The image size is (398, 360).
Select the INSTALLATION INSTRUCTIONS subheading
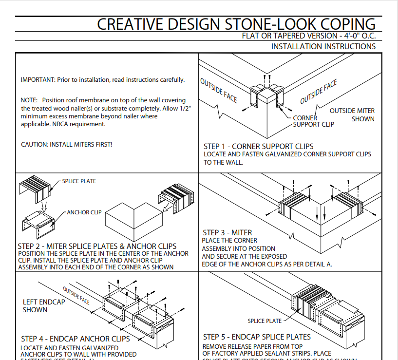click(x=323, y=47)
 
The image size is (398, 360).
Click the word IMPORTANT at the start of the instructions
click(x=37, y=80)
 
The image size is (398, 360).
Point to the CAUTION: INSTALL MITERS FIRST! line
click(x=67, y=145)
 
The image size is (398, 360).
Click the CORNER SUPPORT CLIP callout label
click(x=314, y=121)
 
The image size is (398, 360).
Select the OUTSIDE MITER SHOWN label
click(x=352, y=115)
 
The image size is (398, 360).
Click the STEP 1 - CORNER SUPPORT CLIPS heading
click(x=258, y=146)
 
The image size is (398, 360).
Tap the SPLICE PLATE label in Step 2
click(x=79, y=181)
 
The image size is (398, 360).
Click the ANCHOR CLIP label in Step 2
click(x=84, y=212)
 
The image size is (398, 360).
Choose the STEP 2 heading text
click(x=97, y=246)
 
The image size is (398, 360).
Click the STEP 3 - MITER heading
click(x=227, y=233)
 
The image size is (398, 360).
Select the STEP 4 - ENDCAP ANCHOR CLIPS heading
click(x=76, y=339)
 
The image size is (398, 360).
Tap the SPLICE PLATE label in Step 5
click(x=265, y=321)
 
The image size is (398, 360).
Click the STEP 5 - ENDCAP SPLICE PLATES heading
click(x=257, y=337)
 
